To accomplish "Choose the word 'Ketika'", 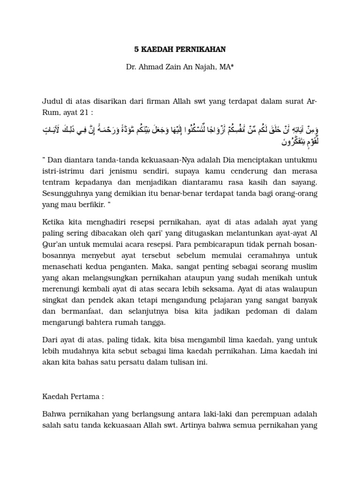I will (x=53, y=222).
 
